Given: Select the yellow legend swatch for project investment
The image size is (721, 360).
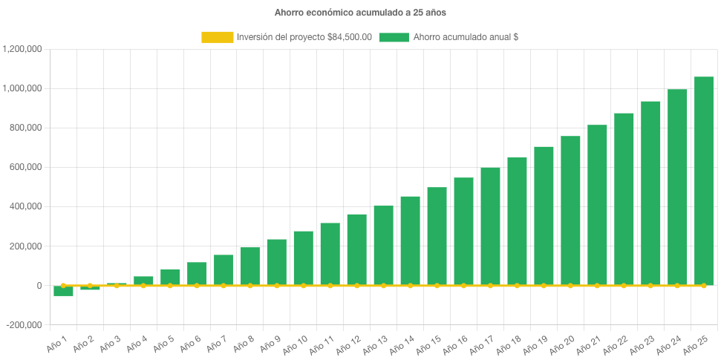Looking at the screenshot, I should [x=217, y=37].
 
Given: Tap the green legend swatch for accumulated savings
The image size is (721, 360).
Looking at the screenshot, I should [x=394, y=37].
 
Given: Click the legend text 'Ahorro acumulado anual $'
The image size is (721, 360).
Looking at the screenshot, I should [x=465, y=37].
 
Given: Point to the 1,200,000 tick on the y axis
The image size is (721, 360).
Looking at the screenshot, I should [x=22, y=49].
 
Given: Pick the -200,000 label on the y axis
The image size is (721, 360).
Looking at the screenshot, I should [x=24, y=325].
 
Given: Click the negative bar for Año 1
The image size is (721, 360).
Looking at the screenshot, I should [x=63, y=291].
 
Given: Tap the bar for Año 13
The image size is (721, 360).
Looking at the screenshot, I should [x=384, y=245].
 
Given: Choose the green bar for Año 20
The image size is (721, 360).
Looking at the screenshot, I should [x=570, y=210].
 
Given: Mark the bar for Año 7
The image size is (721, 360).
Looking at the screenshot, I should [x=224, y=269].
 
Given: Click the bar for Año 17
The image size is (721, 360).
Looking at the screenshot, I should [x=490, y=226].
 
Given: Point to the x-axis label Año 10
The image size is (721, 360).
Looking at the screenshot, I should [x=296, y=344].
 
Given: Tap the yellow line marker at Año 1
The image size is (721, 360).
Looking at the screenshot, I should [x=63, y=285].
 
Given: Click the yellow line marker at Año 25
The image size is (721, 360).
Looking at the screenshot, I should [x=704, y=285].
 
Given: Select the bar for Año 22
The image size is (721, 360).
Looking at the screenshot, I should [x=624, y=199].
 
